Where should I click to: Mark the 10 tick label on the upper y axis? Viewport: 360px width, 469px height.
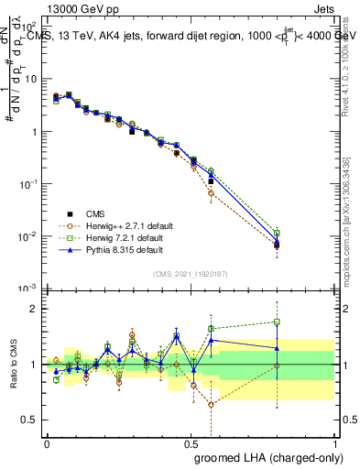[x=32, y=79]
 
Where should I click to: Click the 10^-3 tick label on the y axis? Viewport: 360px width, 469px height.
[x=30, y=289]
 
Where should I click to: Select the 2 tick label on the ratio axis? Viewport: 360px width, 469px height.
[x=35, y=309]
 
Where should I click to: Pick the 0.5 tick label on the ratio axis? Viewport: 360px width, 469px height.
[x=31, y=420]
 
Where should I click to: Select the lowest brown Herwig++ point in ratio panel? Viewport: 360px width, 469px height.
[x=212, y=404]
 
